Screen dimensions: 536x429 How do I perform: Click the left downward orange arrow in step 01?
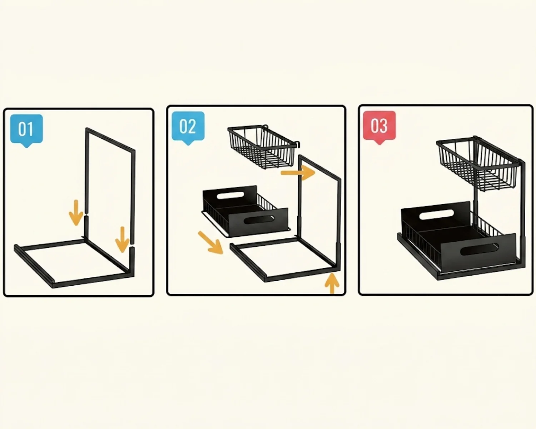coord(76,212)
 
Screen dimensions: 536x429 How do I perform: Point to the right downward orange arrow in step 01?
coord(122,239)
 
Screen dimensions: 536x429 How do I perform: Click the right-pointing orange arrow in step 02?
coord(298,173)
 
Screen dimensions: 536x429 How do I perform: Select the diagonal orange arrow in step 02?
coord(210,243)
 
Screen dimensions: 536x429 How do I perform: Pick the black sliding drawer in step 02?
coord(245,211)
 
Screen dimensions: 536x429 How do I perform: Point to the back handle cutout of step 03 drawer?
coord(437,214)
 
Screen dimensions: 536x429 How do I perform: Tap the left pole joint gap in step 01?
coord(86,214)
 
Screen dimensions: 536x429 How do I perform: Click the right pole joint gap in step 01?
coord(132,245)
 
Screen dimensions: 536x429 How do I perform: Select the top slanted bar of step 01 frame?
coord(110,139)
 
